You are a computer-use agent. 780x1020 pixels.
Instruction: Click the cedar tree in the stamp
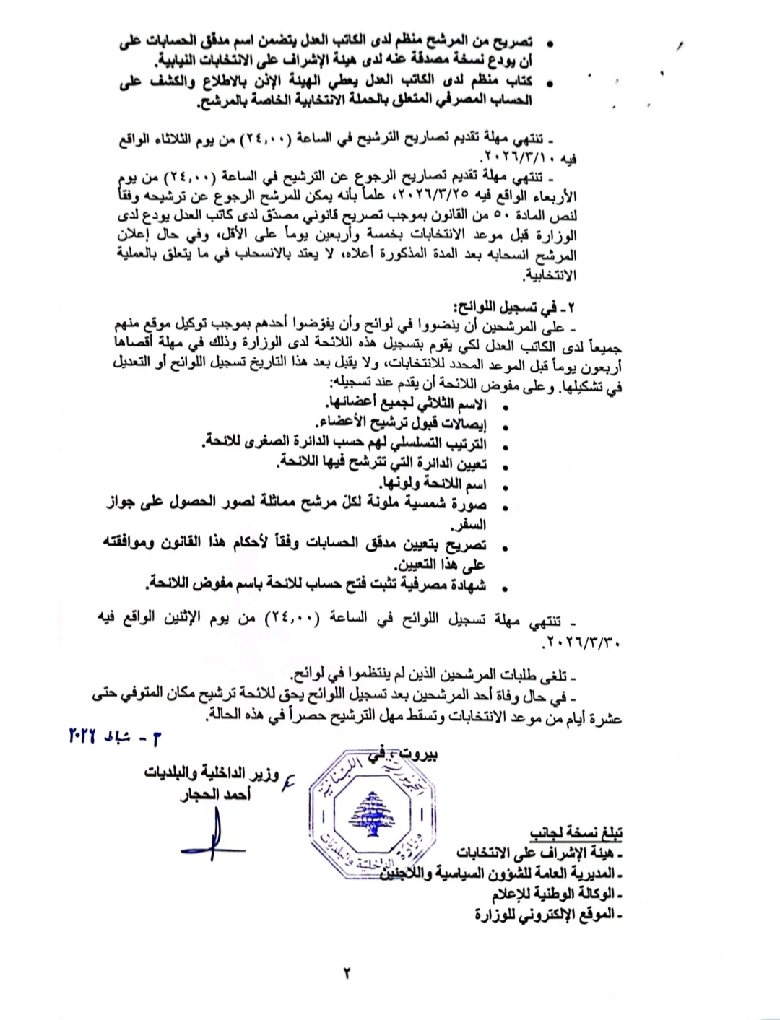point(370,811)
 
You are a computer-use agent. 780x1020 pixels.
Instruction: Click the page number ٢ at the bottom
point(347,972)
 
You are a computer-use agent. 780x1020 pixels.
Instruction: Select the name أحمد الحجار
point(215,795)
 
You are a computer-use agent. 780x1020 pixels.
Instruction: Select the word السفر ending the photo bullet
point(471,525)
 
